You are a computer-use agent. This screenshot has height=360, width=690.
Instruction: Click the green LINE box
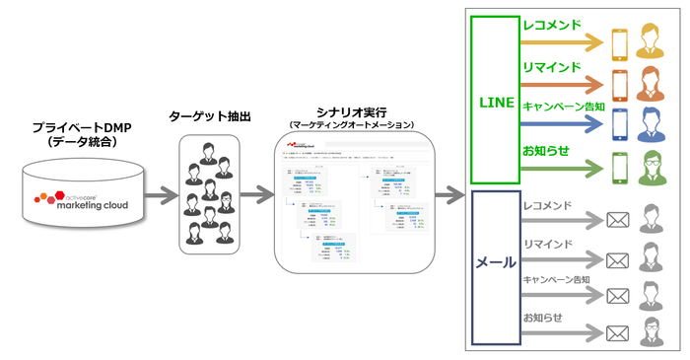(496, 100)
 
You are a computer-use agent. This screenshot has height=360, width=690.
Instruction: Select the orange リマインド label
(551, 67)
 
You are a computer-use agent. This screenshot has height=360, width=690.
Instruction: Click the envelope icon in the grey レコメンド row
(618, 219)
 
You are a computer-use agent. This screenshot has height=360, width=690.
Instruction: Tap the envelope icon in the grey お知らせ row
(618, 332)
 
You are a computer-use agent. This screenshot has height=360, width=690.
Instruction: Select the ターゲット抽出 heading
(210, 116)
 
